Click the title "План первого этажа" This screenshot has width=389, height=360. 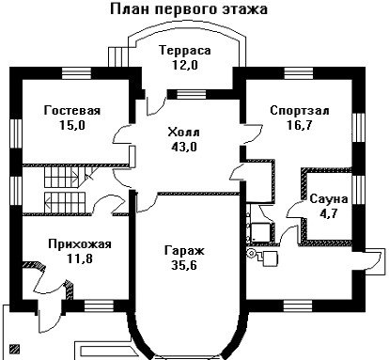coord(189,9)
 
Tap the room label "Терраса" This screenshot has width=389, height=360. coord(185,50)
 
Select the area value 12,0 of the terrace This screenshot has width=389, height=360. coord(185,65)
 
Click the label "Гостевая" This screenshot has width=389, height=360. coord(72,111)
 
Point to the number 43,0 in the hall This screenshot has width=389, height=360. coord(184,147)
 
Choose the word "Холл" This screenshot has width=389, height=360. coord(183,132)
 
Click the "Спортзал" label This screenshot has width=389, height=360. coord(300,111)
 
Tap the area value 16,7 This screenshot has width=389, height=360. coord(300,125)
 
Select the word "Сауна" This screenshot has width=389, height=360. coord(329,199)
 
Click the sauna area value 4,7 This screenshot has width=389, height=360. coord(329,213)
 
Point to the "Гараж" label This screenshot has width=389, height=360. coord(184,250)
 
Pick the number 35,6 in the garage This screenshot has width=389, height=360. coord(184,265)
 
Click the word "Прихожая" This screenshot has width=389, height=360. coord(80,243)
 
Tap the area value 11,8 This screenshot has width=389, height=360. coord(80,258)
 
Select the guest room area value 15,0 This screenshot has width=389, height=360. coord(72,125)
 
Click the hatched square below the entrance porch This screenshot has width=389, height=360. coord(14,349)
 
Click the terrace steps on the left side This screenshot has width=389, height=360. coord(118,56)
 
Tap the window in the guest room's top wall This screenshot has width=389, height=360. coord(76,73)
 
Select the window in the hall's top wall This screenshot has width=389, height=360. coord(192,94)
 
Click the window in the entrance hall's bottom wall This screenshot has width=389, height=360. coord(99,305)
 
